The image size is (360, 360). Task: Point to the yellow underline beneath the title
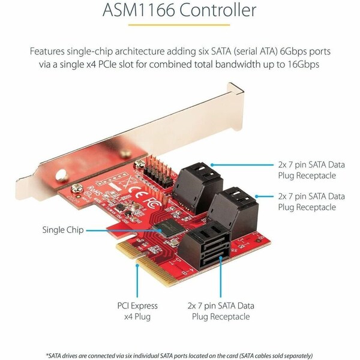point(180,26)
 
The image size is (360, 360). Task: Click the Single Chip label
point(62,229)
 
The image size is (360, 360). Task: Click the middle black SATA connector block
point(238,206)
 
